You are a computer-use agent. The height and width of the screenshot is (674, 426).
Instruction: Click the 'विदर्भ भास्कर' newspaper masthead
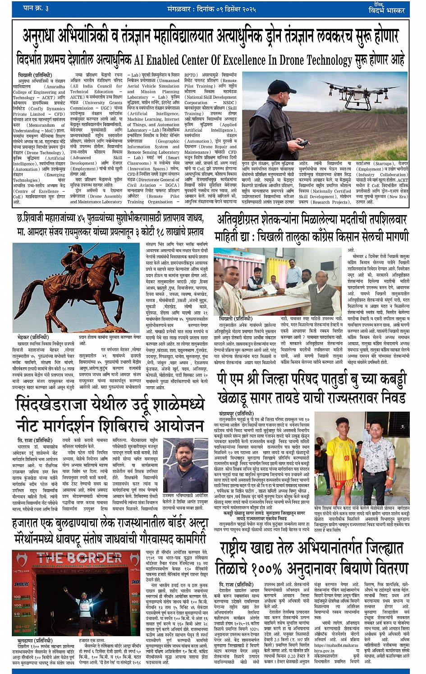386,9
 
